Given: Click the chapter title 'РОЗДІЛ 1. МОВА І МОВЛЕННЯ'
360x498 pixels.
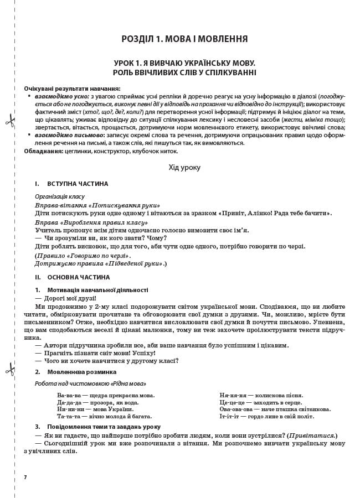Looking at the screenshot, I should (x=184, y=39).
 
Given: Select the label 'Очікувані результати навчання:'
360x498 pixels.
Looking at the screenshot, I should (x=72, y=89).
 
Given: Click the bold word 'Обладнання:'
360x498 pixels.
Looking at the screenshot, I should (x=43, y=151).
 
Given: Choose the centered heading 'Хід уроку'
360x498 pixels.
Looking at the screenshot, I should (x=184, y=167).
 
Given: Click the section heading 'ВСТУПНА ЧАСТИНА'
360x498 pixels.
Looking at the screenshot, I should (x=78, y=184).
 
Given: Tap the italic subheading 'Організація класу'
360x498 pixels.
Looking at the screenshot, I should (x=60, y=196).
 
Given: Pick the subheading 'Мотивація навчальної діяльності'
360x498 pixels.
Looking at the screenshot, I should (x=97, y=290).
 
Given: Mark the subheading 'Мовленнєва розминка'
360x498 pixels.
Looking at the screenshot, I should (x=82, y=372).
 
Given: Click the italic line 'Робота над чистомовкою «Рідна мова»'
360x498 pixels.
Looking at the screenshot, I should (x=90, y=383).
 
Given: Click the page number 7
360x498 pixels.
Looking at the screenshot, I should (x=25, y=477).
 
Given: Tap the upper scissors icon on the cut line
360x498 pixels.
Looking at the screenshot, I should (x=10, y=121).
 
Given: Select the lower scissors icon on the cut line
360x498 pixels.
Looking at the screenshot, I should (x=10, y=369).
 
